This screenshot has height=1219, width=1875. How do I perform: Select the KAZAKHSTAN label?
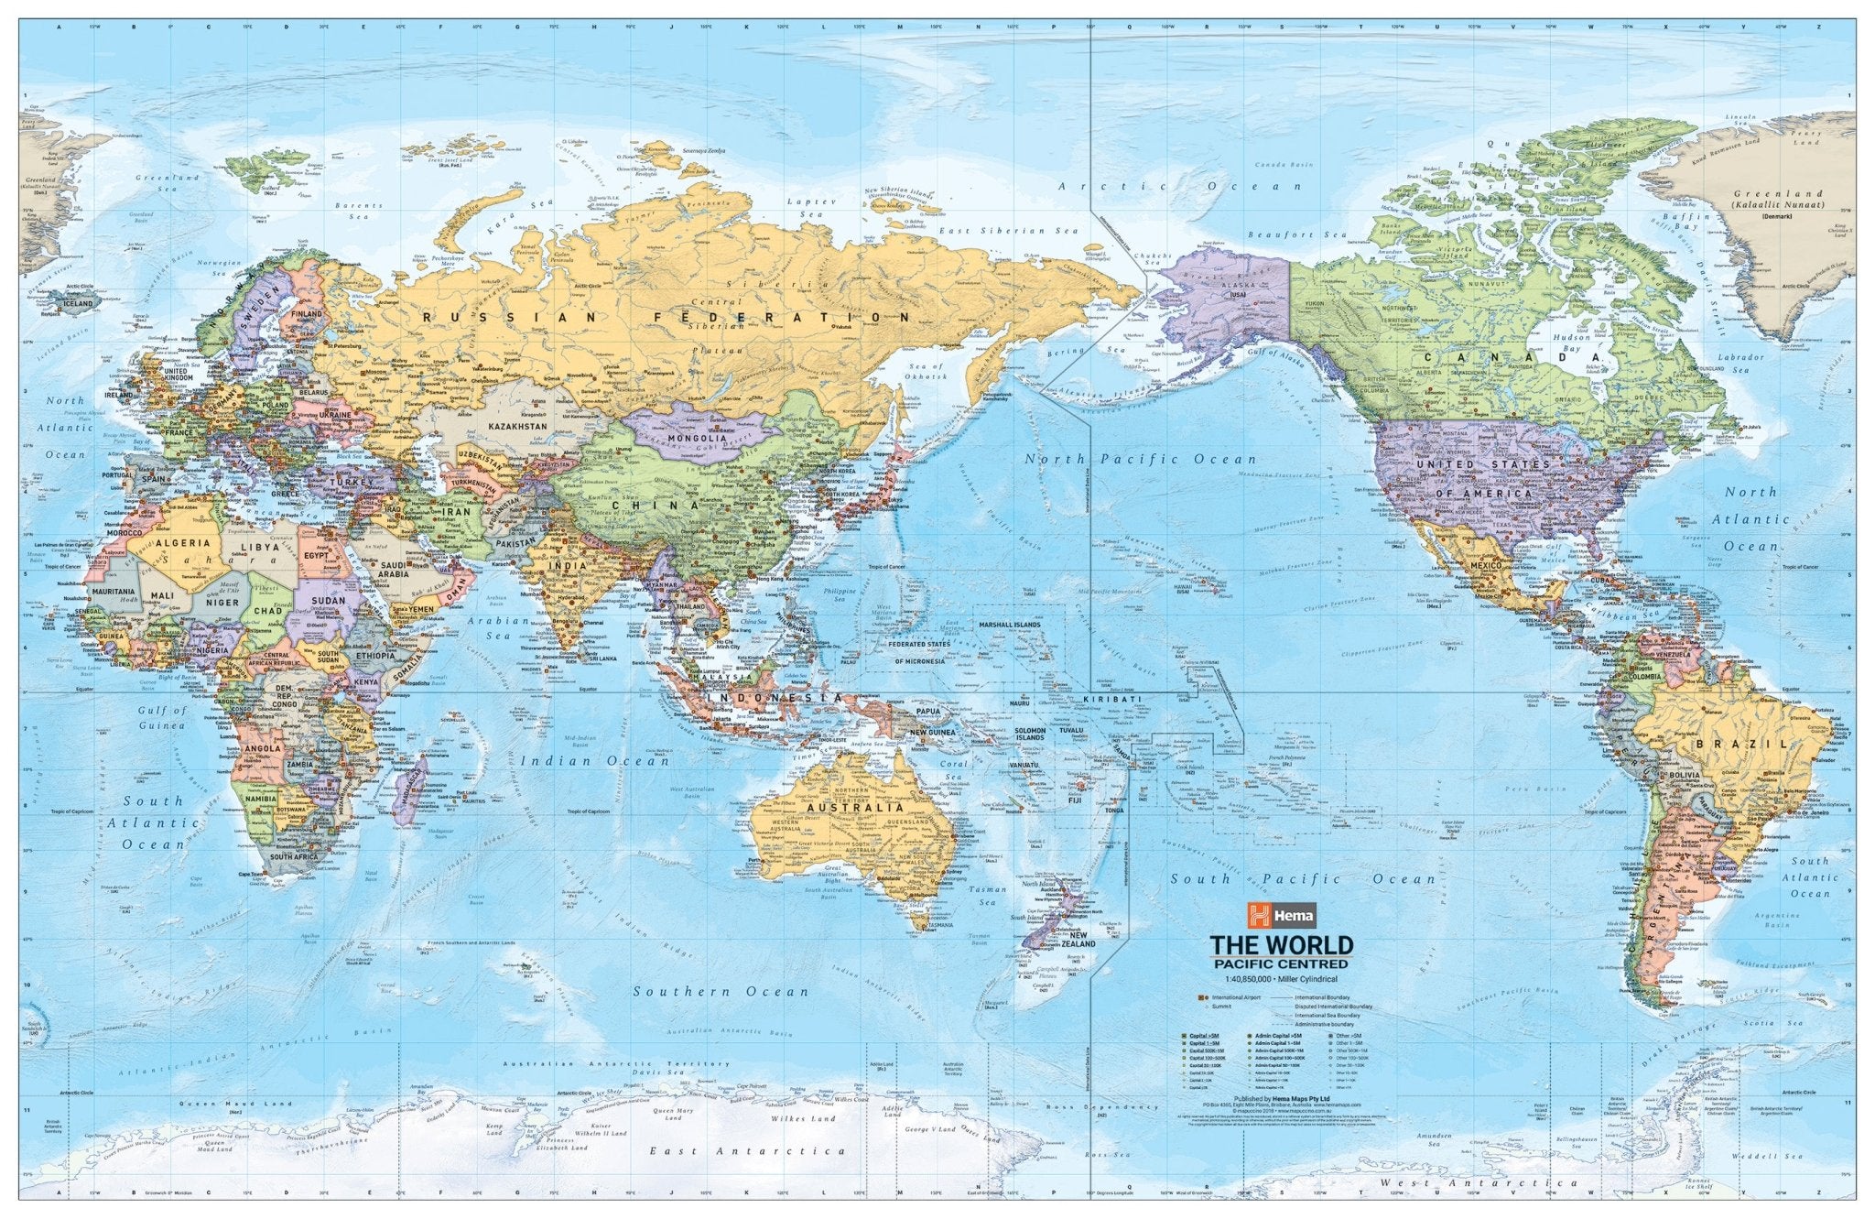[517, 427]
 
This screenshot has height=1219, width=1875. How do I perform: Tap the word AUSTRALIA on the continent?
[854, 809]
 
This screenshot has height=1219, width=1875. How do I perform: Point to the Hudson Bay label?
[1572, 343]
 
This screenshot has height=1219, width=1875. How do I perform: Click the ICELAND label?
[79, 302]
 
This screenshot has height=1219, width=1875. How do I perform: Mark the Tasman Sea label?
[995, 895]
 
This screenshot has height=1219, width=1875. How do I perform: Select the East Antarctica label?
[747, 1151]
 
